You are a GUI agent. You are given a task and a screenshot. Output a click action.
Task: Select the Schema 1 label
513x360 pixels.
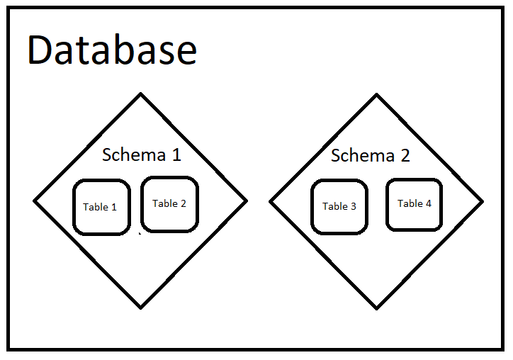pos(142,154)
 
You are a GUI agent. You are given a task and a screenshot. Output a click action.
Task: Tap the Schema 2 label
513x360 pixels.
pos(370,155)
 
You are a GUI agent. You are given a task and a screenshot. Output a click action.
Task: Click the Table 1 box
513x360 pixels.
pos(101,207)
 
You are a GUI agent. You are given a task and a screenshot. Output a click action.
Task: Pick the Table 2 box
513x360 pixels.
pos(169,203)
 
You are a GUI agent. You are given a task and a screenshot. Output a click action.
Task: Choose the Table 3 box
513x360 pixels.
pos(339,206)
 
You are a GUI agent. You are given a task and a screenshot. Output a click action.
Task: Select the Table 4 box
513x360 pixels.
pos(415,204)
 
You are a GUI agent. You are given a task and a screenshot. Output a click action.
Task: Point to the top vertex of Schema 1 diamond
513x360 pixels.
pos(140,94)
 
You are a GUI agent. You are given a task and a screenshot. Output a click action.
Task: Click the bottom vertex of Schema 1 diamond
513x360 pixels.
pos(140,308)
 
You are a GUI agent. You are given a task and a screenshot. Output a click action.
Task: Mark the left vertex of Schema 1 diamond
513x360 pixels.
pos(34,201)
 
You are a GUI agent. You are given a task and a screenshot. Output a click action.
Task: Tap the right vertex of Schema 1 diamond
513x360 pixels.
pos(247,201)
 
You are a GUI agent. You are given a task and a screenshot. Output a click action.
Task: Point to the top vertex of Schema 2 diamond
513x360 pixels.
pos(376,94)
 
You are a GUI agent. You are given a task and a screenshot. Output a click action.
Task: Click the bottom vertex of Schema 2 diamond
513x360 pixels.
pos(376,308)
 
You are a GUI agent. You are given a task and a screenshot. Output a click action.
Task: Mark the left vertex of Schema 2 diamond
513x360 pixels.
pos(270,201)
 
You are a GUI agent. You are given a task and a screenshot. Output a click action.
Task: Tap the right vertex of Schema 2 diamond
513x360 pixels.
pos(483,201)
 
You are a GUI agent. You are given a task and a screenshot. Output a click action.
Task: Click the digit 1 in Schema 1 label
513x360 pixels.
pos(176,154)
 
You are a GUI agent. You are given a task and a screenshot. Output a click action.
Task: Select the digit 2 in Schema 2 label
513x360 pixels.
pos(405,155)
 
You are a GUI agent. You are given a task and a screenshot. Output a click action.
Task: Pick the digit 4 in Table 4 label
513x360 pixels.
pos(428,203)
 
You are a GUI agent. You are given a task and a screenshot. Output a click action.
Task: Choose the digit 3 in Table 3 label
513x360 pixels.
pos(354,206)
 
